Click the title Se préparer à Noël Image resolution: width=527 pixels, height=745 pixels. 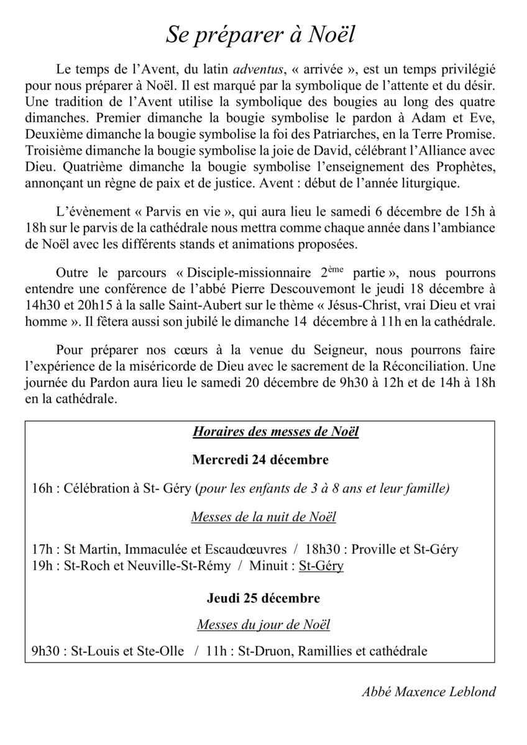(260, 35)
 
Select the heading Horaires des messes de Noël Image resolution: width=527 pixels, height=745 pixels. (275, 432)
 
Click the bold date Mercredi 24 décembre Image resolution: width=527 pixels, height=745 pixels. (260, 460)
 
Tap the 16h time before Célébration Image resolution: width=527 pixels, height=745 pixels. (42, 489)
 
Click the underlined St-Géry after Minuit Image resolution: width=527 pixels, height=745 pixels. (321, 566)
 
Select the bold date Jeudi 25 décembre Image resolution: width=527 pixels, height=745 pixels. (263, 598)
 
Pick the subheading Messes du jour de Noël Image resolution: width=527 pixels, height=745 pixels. (263, 625)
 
